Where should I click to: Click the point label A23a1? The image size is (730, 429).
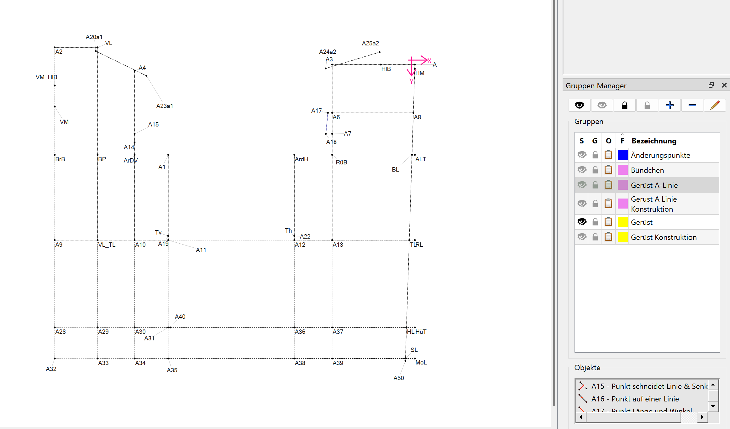pyautogui.click(x=165, y=106)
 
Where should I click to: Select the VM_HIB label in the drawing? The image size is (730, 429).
pyautogui.click(x=46, y=77)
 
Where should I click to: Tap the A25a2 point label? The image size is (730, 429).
pyautogui.click(x=370, y=43)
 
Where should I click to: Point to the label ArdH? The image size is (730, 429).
pyautogui.click(x=301, y=159)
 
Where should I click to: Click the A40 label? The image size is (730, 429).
pyautogui.click(x=180, y=317)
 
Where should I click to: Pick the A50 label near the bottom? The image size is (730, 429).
pyautogui.click(x=398, y=378)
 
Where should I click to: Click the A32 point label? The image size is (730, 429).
pyautogui.click(x=51, y=369)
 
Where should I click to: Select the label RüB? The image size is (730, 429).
pyautogui.click(x=341, y=162)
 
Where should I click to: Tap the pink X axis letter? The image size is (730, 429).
pyautogui.click(x=429, y=60)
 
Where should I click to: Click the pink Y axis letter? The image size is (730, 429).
pyautogui.click(x=411, y=81)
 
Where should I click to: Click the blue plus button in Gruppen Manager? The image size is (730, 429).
pyautogui.click(x=670, y=105)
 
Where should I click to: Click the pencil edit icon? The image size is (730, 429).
pyautogui.click(x=715, y=105)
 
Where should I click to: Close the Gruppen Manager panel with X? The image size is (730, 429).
pyautogui.click(x=724, y=85)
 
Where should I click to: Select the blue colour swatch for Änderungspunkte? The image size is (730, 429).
pyautogui.click(x=622, y=155)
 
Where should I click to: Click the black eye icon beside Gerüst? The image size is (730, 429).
pyautogui.click(x=582, y=222)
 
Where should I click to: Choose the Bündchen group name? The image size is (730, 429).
pyautogui.click(x=647, y=170)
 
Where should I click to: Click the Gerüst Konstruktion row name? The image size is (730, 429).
pyautogui.click(x=664, y=237)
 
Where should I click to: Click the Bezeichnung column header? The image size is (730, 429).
pyautogui.click(x=654, y=141)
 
